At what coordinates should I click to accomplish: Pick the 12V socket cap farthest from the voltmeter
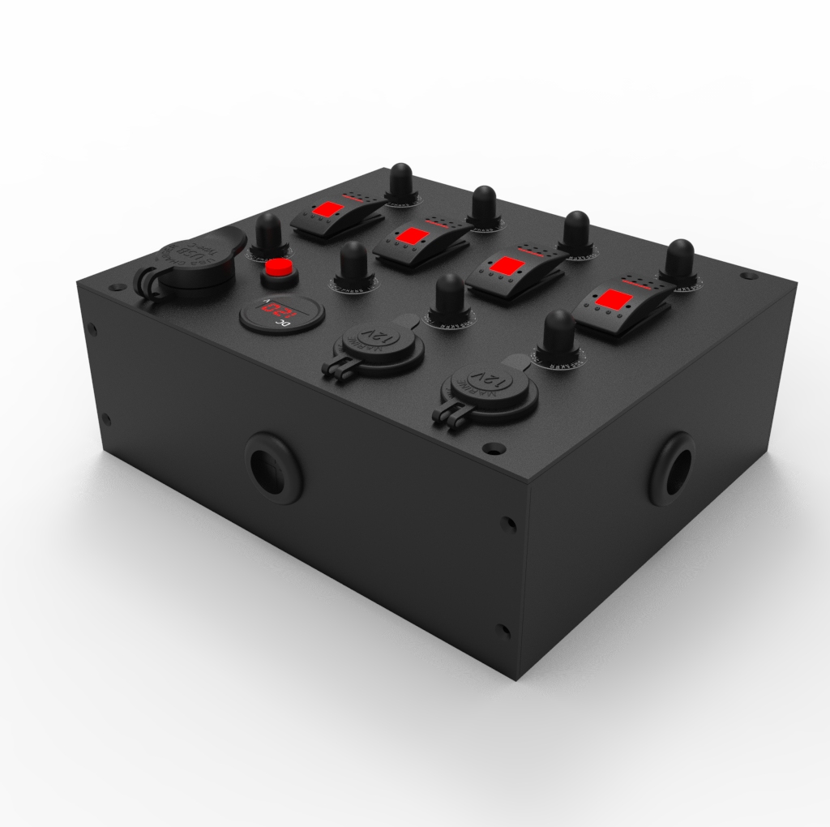(x=489, y=382)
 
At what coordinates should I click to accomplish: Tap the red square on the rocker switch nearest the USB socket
(x=328, y=210)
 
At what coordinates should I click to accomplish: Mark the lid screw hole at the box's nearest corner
(x=493, y=448)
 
